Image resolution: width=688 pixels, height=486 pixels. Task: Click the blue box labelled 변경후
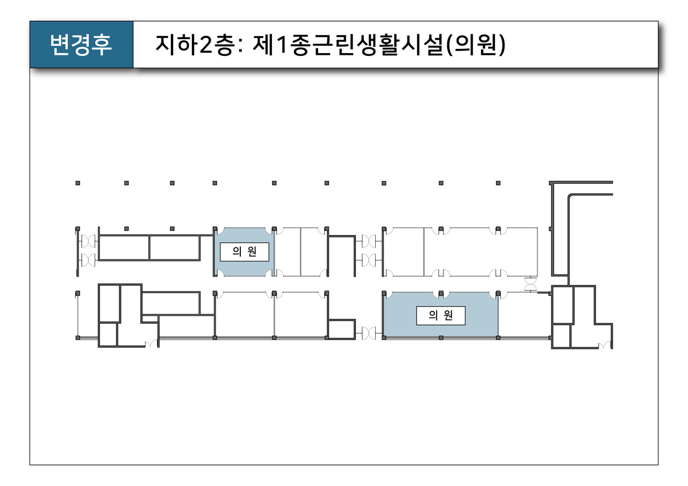coord(81,45)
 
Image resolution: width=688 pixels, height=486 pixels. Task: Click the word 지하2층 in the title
coord(194,45)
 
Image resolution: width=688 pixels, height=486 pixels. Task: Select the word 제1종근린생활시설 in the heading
coord(348,45)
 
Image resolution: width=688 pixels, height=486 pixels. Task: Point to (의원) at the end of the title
coord(476,45)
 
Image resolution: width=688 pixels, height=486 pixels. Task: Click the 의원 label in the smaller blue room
coord(245,252)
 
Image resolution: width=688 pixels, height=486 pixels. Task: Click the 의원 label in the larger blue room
coord(441,315)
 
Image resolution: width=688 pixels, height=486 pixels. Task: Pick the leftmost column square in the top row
coord(78,183)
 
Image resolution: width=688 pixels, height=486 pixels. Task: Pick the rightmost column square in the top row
coord(498,183)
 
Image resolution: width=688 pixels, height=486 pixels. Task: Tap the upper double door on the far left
coord(88,242)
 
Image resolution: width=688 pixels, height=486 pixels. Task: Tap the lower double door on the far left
coord(88,260)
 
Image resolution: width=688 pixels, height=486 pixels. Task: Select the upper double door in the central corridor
coord(369,242)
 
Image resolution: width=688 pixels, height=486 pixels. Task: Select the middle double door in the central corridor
coord(369,260)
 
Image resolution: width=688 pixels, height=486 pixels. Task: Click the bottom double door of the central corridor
coord(369,333)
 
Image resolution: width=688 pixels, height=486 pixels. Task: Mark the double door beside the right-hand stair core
coord(531,284)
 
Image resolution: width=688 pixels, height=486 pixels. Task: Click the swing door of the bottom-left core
coord(151,344)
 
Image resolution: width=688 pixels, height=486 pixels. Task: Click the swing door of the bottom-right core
coord(605,345)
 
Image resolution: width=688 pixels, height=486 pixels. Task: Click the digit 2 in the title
coord(206,45)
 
